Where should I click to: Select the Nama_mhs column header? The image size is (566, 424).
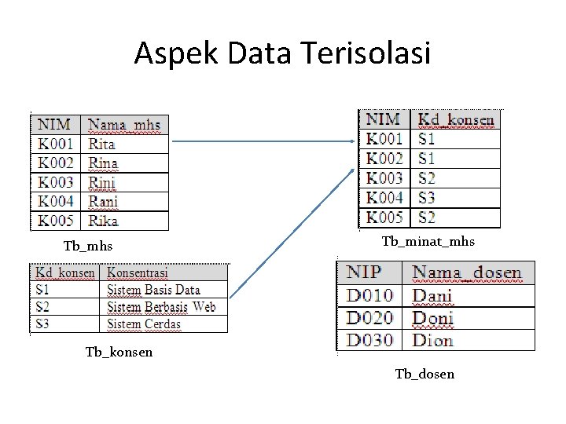(x=124, y=125)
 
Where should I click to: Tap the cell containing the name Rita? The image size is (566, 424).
(x=102, y=144)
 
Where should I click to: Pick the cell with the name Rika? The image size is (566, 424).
(x=103, y=221)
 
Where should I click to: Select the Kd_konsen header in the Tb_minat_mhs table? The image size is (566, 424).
(x=456, y=120)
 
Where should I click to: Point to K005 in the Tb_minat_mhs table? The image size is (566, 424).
(x=384, y=217)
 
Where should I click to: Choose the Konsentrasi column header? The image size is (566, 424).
(x=138, y=273)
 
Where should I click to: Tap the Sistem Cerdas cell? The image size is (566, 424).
(x=144, y=323)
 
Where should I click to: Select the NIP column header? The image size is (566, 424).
(x=364, y=273)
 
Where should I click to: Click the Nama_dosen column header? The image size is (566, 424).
(x=467, y=273)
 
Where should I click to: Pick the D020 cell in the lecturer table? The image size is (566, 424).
(x=369, y=318)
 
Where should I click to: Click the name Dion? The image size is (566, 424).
(x=433, y=340)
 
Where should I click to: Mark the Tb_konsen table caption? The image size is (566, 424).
(x=119, y=352)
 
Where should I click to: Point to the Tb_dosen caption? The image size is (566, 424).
(x=424, y=374)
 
